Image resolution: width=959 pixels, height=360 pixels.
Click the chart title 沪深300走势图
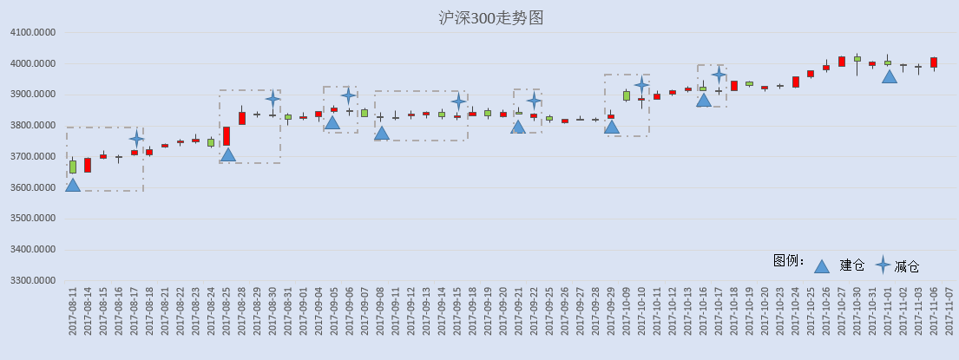491,17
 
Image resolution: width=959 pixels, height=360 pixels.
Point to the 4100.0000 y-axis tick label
32,32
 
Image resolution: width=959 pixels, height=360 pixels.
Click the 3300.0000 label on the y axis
32,280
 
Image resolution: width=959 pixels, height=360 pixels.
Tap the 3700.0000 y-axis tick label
32,156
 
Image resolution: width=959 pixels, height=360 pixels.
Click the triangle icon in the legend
822,265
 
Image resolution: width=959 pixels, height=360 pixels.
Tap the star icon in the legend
883,265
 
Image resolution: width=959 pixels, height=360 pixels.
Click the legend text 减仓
906,265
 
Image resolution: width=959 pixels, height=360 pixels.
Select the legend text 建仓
852,265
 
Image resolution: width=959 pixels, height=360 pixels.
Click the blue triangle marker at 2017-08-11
73,185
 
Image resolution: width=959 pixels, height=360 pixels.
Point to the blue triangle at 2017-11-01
889,76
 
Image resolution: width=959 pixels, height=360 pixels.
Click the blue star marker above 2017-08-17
136,140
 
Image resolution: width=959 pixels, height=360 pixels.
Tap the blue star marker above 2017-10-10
641,85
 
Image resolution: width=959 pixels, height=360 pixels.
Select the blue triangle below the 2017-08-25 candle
227,154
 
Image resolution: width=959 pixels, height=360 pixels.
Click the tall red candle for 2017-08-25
227,135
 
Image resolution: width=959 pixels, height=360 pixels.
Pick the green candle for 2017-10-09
627,95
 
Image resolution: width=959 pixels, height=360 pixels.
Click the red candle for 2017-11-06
933,62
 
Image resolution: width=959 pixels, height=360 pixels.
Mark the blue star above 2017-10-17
719,75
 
